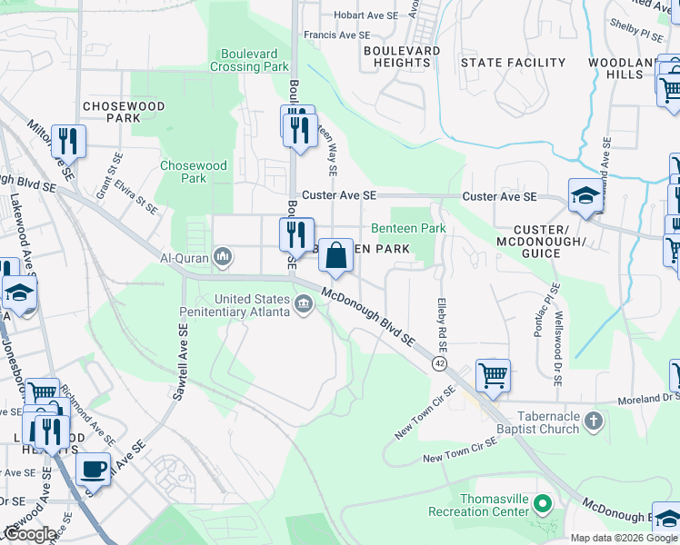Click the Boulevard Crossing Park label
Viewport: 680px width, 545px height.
pos(249,60)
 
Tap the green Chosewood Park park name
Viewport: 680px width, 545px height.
pos(183,172)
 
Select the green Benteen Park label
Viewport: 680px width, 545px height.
pos(408,228)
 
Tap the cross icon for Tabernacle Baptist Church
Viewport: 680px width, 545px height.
pos(593,421)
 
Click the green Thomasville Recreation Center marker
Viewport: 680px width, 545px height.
pos(543,502)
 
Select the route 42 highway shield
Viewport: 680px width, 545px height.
pos(439,363)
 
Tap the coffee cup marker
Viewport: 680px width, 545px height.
pos(94,470)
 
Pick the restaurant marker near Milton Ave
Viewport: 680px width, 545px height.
pos(68,141)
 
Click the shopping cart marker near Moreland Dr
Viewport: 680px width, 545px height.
pos(492,374)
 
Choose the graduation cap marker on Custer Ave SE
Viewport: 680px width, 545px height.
pos(585,195)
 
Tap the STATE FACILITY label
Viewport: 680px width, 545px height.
pos(513,63)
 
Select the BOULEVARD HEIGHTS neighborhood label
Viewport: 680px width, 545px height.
pos(402,56)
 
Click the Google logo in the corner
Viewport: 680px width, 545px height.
pos(31,534)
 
